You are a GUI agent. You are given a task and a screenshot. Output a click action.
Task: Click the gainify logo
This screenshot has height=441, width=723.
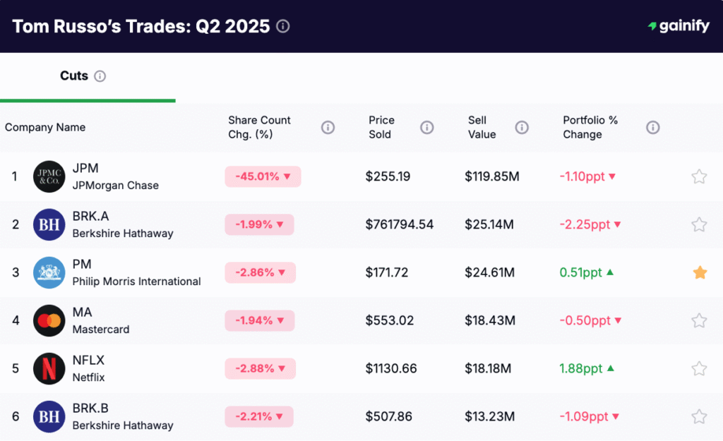(x=679, y=26)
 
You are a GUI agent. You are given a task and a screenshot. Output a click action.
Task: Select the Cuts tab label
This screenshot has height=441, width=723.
(x=74, y=75)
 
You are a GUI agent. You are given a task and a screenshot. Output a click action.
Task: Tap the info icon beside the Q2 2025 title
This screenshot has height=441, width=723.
(x=283, y=26)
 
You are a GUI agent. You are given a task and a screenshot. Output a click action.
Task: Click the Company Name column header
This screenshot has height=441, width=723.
(x=45, y=127)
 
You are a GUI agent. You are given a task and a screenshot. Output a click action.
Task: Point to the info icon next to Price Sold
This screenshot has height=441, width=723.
(x=427, y=127)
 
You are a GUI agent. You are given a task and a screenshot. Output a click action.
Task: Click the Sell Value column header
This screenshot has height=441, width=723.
(x=482, y=127)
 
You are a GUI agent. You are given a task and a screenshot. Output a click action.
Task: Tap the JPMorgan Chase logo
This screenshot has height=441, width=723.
(x=49, y=176)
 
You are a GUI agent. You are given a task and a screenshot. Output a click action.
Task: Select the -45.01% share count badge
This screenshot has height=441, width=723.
(x=263, y=176)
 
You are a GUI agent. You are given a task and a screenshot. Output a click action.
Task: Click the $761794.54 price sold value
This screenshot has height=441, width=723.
(x=400, y=224)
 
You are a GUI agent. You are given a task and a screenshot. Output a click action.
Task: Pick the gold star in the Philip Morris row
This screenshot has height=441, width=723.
(x=700, y=272)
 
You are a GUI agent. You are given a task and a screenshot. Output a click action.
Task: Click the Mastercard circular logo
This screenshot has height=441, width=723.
(x=49, y=320)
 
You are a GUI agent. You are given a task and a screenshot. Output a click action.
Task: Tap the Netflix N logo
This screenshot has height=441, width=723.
(x=49, y=368)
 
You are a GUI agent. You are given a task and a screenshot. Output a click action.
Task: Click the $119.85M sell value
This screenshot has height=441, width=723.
(x=492, y=176)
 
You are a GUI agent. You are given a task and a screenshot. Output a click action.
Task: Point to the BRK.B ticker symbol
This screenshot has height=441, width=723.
(x=90, y=408)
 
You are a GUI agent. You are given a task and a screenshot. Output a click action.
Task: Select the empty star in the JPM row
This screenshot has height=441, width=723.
(x=699, y=176)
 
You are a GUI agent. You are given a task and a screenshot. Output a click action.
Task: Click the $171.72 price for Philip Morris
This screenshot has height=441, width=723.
(x=387, y=272)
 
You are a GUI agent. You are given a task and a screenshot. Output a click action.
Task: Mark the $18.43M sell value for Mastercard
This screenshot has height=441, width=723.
(x=490, y=320)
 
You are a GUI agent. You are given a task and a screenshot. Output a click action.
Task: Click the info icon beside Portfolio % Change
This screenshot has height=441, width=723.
(x=653, y=127)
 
